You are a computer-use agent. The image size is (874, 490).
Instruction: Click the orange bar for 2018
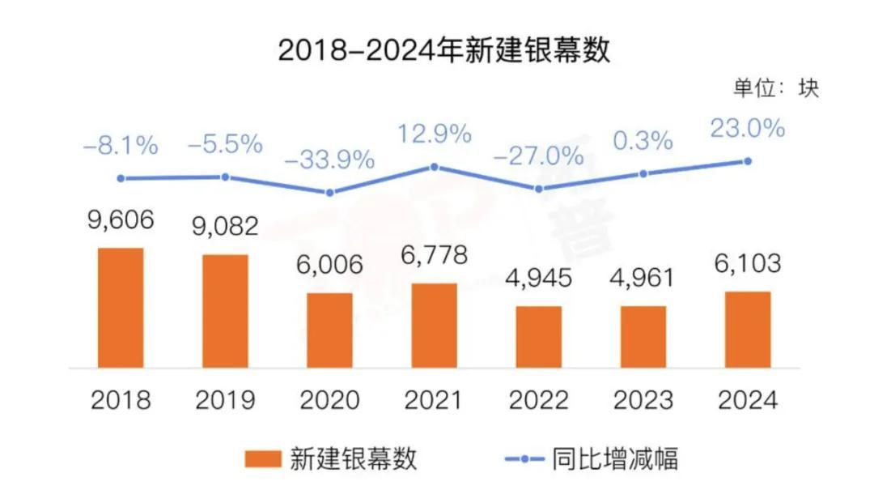[121, 306]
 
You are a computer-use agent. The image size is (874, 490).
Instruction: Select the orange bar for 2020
[329, 329]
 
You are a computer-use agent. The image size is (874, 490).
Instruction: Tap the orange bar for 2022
[539, 335]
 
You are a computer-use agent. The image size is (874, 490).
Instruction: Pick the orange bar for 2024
[748, 328]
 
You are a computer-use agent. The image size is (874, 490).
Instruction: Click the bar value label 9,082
[225, 226]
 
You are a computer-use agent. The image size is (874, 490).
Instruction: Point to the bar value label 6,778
[434, 255]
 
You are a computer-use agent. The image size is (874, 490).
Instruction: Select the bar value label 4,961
[643, 277]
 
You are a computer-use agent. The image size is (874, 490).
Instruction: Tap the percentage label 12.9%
[434, 133]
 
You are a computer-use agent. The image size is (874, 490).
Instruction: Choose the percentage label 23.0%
[748, 128]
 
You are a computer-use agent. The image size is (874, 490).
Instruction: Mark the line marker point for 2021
[434, 167]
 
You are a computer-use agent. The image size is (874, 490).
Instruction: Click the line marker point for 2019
[225, 177]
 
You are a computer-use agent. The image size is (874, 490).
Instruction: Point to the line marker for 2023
[643, 173]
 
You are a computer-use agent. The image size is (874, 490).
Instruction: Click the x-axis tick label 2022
[539, 399]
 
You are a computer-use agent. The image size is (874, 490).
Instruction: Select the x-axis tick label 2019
[225, 399]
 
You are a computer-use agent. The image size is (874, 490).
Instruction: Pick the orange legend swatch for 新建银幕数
[264, 459]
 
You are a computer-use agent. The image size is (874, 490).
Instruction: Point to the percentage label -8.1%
[121, 146]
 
